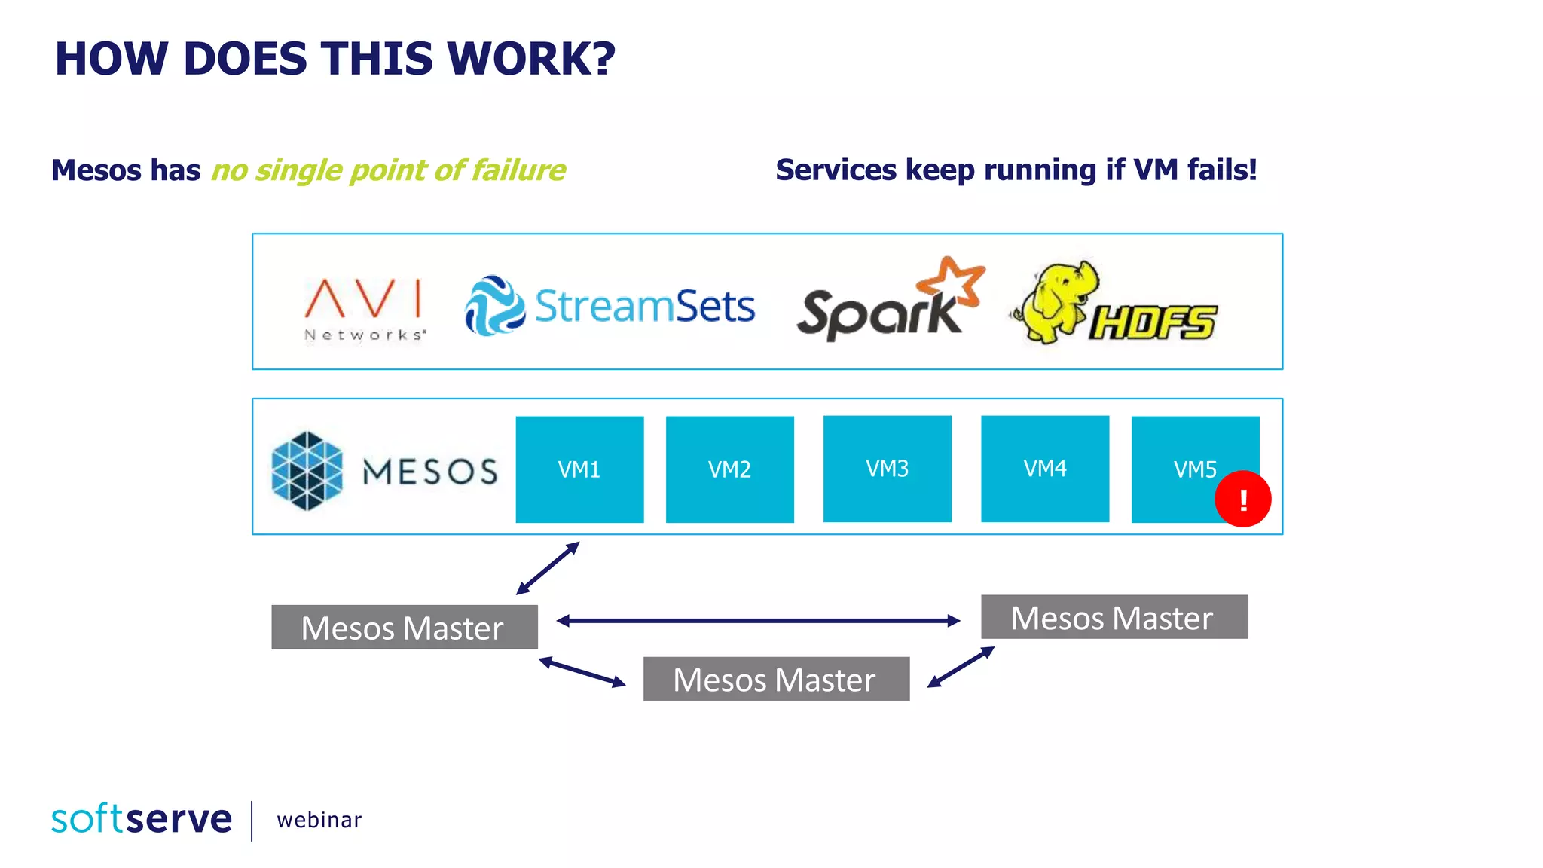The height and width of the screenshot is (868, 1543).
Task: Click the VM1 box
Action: pyautogui.click(x=579, y=469)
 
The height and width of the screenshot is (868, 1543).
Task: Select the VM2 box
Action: pyautogui.click(x=729, y=469)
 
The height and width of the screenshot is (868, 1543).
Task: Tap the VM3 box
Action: pyautogui.click(x=887, y=468)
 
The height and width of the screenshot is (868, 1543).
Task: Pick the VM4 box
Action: pyautogui.click(x=1044, y=468)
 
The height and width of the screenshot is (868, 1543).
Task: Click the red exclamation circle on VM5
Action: pyautogui.click(x=1242, y=499)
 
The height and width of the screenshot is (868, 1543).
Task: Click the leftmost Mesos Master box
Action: pyautogui.click(x=404, y=627)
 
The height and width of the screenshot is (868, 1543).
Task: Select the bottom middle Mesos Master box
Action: pyautogui.click(x=775, y=679)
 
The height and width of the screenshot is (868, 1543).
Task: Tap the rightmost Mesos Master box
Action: pyautogui.click(x=1113, y=617)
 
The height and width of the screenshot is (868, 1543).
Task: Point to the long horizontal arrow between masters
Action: pyautogui.click(x=757, y=621)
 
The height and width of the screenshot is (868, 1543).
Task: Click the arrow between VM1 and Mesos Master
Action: pyautogui.click(x=548, y=568)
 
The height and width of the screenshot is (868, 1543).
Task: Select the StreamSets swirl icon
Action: pyautogui.click(x=494, y=305)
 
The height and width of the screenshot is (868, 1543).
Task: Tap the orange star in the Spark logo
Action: pyautogui.click(x=951, y=283)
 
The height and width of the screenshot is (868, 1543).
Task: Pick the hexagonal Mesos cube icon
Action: pyautogui.click(x=307, y=471)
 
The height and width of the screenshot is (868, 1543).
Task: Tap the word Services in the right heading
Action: pyautogui.click(x=836, y=170)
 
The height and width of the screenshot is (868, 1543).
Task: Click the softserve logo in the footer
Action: pyautogui.click(x=142, y=819)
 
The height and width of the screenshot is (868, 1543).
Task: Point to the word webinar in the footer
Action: pyautogui.click(x=319, y=820)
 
